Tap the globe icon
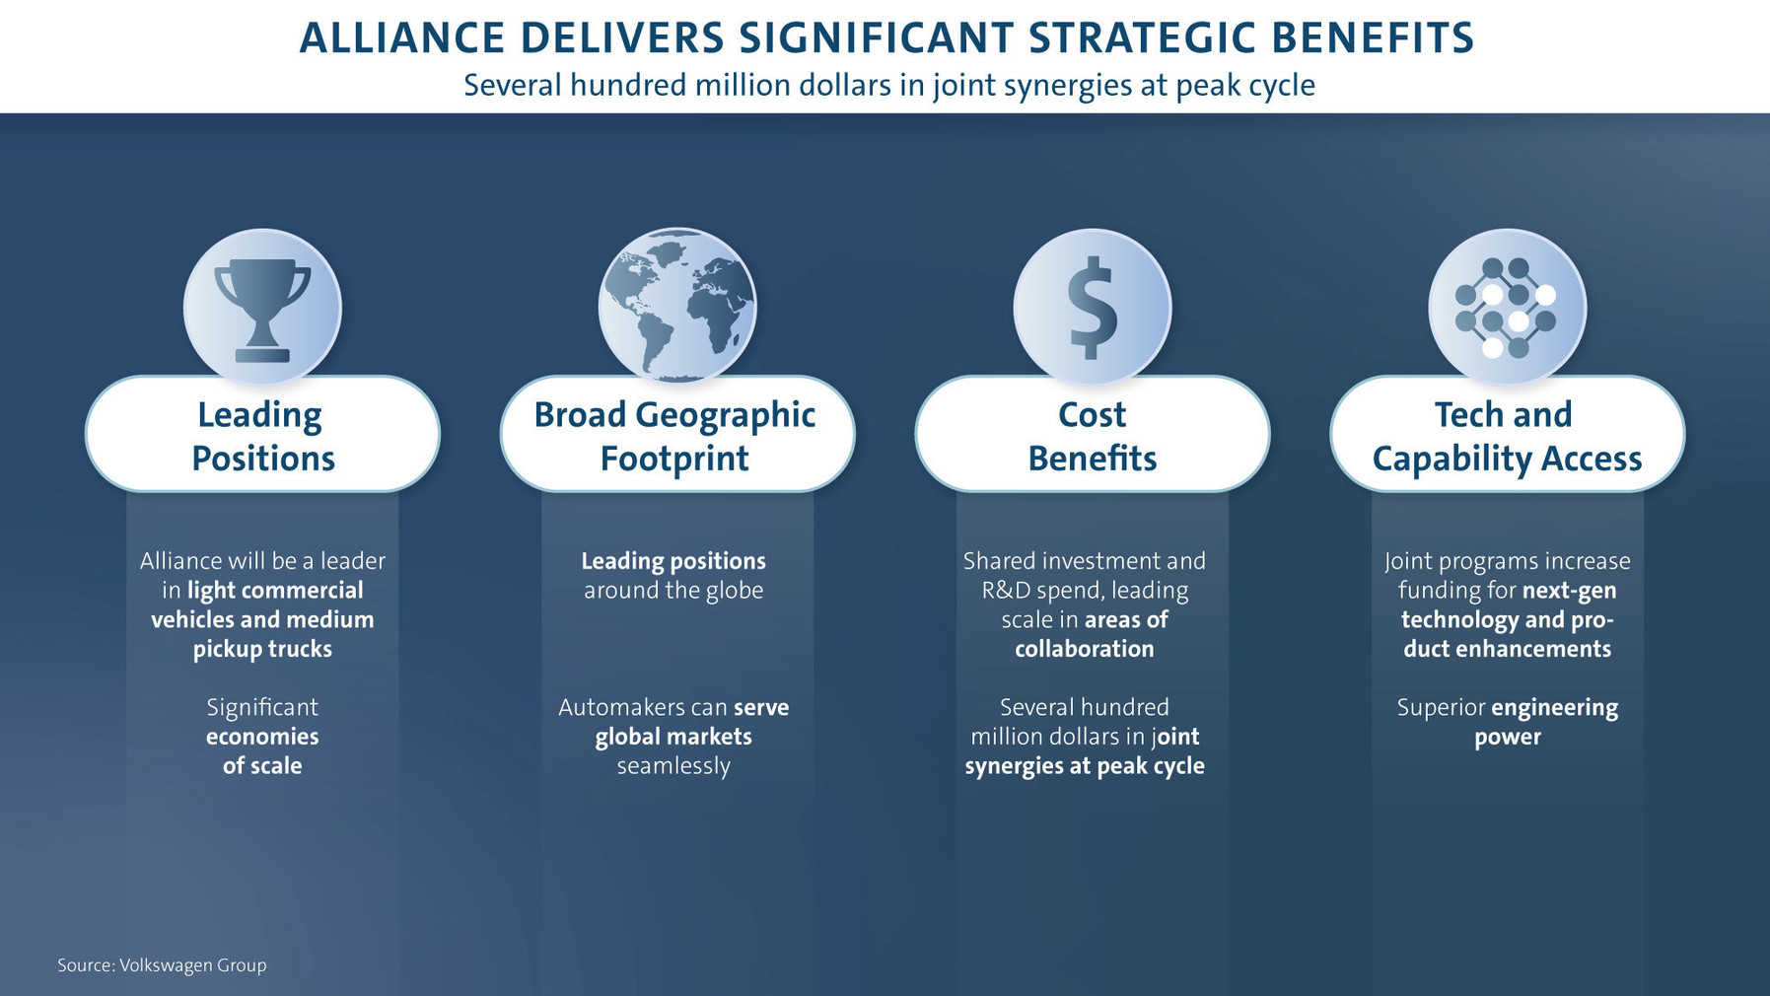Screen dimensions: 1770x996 [677, 306]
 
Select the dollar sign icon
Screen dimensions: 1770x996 [1093, 308]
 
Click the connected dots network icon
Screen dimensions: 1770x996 [1507, 308]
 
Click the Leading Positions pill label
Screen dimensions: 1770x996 [262, 435]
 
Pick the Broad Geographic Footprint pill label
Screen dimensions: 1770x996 [677, 435]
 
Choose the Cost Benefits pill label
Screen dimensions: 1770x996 [1093, 435]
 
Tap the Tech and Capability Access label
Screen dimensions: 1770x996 [1507, 435]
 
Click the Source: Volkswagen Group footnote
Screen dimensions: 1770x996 [162, 965]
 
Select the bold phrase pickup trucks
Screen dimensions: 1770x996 [262, 650]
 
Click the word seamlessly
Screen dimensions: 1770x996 [673, 766]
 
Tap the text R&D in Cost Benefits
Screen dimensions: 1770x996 [1006, 591]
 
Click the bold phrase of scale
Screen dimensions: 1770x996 [262, 766]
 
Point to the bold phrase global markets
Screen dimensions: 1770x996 [673, 737]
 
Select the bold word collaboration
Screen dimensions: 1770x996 [1085, 649]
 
